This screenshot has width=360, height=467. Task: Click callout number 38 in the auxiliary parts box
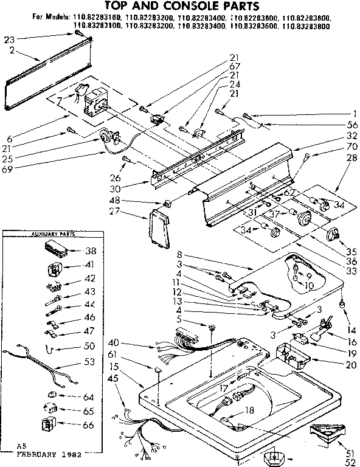(x=90, y=250)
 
